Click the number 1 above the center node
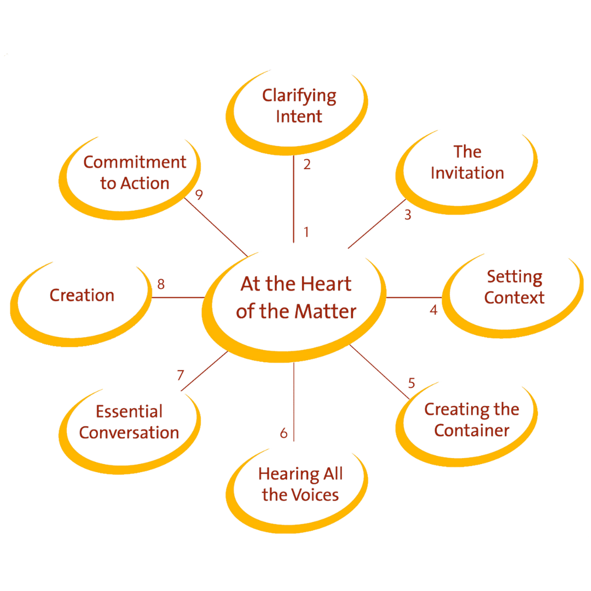pyautogui.click(x=306, y=232)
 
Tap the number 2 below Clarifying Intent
pyautogui.click(x=307, y=164)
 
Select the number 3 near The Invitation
pyautogui.click(x=408, y=215)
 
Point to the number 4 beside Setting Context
pyautogui.click(x=433, y=310)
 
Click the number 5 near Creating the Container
pyautogui.click(x=412, y=383)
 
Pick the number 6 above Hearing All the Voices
pyautogui.click(x=283, y=432)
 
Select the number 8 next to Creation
pyautogui.click(x=161, y=284)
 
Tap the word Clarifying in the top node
pyautogui.click(x=299, y=96)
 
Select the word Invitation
pyautogui.click(x=467, y=173)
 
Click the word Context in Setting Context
pyautogui.click(x=514, y=298)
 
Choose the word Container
pyautogui.click(x=472, y=431)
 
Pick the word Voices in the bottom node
pyautogui.click(x=315, y=495)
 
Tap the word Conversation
pyautogui.click(x=129, y=432)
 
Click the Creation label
pyautogui.click(x=82, y=296)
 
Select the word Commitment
pyautogui.click(x=135, y=162)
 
